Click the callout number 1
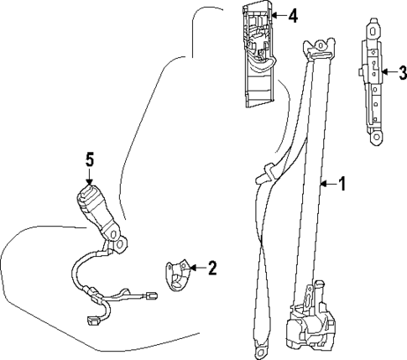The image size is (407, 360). (x=342, y=183)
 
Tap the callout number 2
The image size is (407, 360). (x=211, y=269)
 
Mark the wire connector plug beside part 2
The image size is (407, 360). (x=151, y=295)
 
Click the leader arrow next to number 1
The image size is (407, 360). (x=327, y=183)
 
